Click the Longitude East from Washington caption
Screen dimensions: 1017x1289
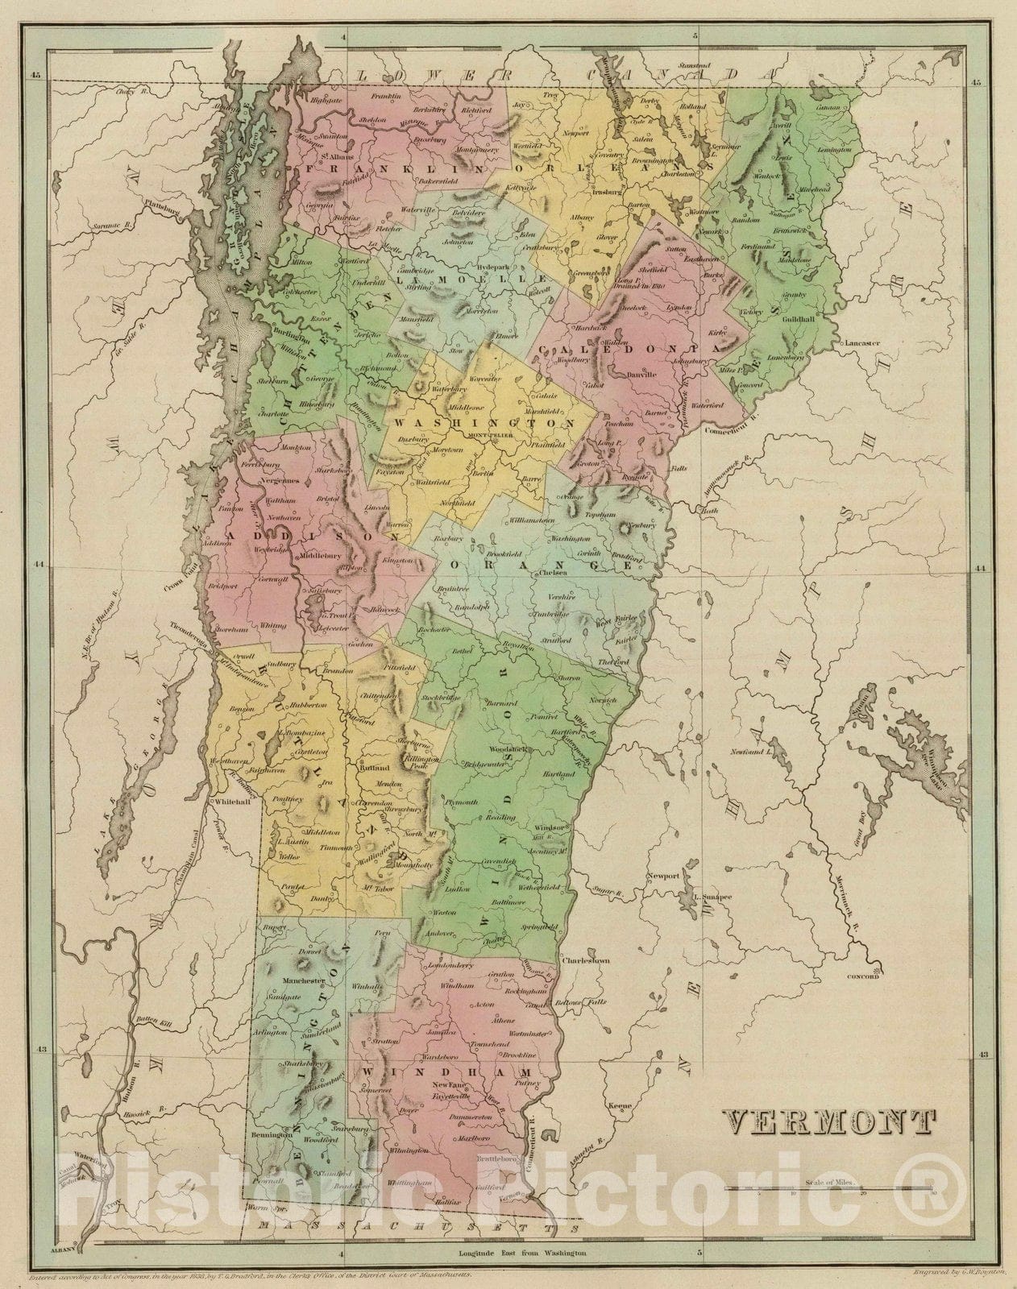pos(521,1254)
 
